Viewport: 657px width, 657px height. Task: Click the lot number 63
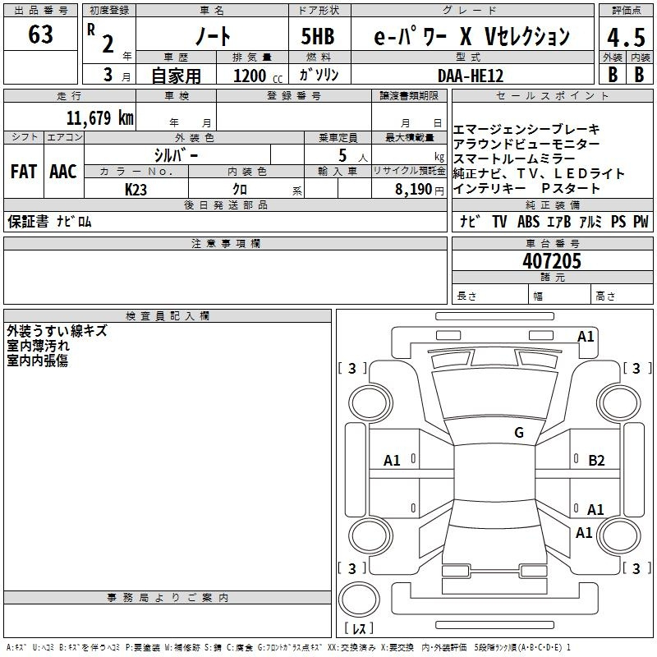coord(40,34)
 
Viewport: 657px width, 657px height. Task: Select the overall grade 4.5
coord(626,37)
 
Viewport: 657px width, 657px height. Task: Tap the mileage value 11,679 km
coord(99,117)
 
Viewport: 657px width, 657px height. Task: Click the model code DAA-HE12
coord(471,76)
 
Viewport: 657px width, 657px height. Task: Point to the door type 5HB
coord(318,36)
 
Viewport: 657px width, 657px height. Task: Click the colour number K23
coord(136,190)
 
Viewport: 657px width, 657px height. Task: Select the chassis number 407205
coord(552,261)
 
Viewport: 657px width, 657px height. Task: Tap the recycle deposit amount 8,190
coord(414,189)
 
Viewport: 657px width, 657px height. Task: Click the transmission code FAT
coord(24,172)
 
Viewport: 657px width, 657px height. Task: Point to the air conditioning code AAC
coord(63,172)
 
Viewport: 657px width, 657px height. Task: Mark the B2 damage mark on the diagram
coord(596,461)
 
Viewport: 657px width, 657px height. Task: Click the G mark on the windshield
coord(519,433)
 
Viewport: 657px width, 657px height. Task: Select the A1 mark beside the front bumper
coord(586,337)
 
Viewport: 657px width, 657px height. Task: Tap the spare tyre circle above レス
coord(359,600)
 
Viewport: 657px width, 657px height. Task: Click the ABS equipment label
coord(528,221)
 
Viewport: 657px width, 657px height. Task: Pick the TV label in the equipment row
coord(499,221)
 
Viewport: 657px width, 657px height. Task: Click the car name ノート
coord(213,36)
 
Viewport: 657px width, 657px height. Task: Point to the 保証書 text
coord(28,221)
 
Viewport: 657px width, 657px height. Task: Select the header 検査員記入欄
coord(168,316)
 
